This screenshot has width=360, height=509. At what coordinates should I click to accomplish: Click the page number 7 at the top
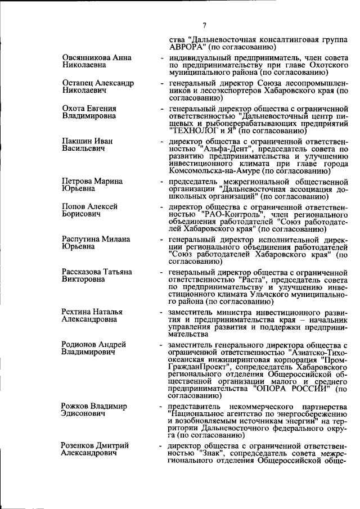tap(205, 25)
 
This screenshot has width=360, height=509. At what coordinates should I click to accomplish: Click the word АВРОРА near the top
tap(186, 47)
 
